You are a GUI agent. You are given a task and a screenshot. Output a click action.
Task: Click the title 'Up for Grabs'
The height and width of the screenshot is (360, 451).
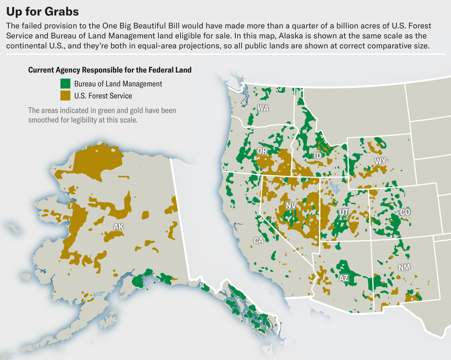[42, 11]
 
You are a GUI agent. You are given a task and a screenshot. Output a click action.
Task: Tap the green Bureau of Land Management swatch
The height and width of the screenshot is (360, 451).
[65, 84]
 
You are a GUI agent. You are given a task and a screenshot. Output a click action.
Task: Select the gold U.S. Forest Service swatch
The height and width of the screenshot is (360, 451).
[65, 95]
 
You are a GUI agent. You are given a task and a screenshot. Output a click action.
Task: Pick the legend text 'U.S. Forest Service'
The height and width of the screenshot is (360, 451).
[103, 95]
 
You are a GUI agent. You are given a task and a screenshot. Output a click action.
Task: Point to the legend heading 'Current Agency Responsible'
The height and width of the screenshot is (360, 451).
[110, 70]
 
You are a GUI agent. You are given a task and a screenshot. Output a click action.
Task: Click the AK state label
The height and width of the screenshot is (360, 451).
[118, 227]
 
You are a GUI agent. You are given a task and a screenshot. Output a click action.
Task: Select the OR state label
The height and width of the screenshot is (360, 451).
[262, 151]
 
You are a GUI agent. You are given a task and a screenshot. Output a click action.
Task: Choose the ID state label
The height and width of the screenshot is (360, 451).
[317, 155]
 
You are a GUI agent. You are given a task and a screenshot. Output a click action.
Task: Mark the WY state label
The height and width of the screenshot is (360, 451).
[380, 161]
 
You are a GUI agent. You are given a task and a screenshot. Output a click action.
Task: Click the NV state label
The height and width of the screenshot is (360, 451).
[291, 206]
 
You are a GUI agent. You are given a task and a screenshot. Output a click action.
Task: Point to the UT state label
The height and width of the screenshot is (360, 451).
[344, 212]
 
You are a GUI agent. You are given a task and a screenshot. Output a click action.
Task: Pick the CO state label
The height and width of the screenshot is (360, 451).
[405, 212]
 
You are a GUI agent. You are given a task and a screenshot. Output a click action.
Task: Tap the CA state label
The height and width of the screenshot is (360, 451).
[259, 241]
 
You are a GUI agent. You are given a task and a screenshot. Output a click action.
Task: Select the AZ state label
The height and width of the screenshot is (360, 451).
[344, 278]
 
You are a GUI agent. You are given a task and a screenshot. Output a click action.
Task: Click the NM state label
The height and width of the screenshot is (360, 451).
[404, 267]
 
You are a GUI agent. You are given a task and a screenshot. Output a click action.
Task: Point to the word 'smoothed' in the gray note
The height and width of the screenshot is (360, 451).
[47, 120]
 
